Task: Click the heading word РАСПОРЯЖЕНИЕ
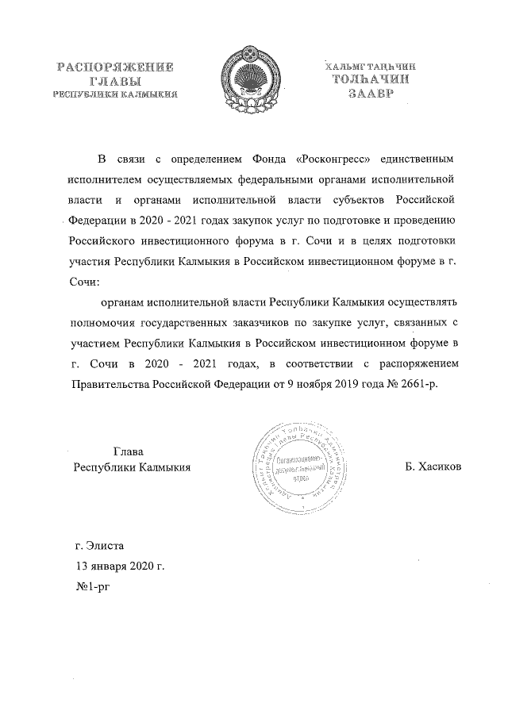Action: click(114, 67)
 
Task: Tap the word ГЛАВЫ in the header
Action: click(114, 81)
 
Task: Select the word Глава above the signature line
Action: click(129, 451)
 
